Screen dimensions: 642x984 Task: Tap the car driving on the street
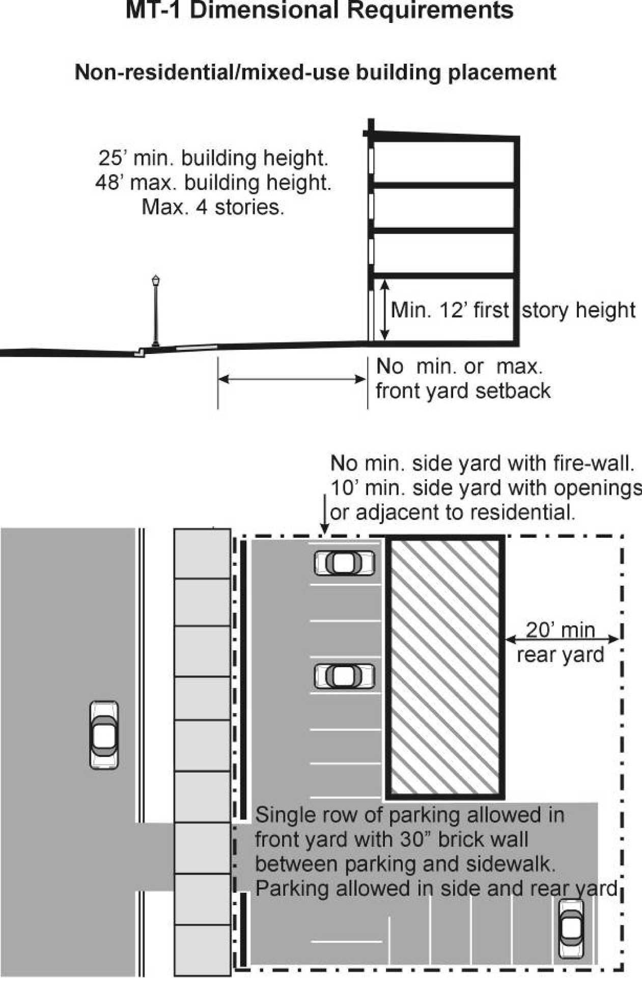pos(104,734)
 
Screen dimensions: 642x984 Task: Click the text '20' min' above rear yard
pos(560,630)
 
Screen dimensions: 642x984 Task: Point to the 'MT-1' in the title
pos(154,10)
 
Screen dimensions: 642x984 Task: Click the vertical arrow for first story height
pos(385,309)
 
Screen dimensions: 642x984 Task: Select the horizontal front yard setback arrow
pos(292,379)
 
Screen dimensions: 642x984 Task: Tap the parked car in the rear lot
pos(571,928)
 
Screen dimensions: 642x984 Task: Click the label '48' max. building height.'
pos(213,182)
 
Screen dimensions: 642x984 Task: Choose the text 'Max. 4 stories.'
pos(213,207)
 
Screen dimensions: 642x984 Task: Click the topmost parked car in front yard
pos(344,563)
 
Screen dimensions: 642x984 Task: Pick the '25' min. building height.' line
pos(213,158)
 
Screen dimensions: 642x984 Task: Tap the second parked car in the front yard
pos(344,676)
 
